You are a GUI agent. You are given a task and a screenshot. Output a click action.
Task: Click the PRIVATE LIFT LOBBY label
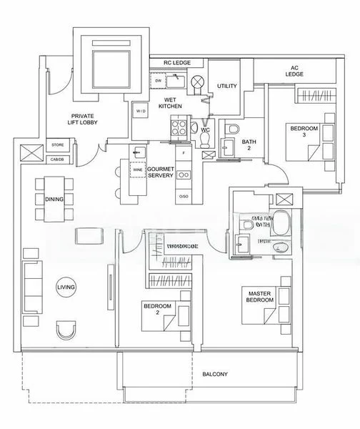pos(84,119)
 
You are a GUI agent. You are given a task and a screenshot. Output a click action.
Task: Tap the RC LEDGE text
pos(177,62)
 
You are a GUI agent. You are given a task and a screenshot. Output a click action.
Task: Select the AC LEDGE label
pos(294,70)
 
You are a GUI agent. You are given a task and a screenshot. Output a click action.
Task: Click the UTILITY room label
pos(226,86)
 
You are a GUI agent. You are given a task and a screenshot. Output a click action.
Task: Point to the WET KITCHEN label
pos(171,102)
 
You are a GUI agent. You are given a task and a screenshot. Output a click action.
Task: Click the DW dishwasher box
pos(157,81)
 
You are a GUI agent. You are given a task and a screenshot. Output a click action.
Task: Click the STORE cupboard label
pos(56,145)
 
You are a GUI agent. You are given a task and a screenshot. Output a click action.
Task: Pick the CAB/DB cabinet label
pos(56,159)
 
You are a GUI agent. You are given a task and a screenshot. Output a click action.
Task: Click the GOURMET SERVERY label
pos(161,172)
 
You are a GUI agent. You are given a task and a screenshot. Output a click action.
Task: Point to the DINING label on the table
pos(53,199)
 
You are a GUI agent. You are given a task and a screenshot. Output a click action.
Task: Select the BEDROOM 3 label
pos(300,132)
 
